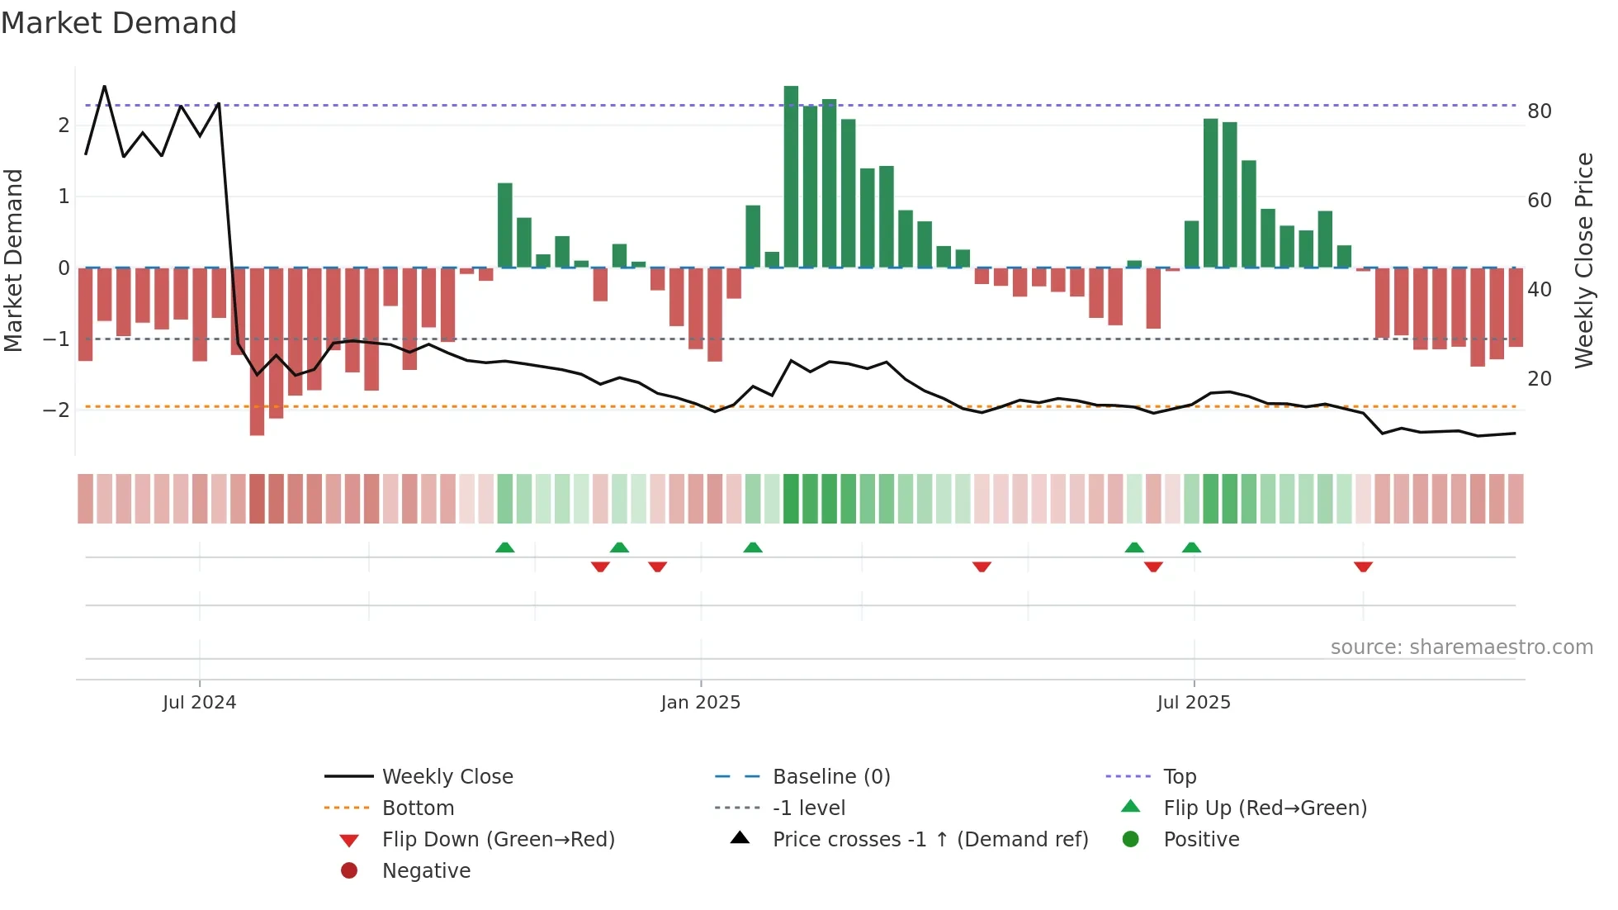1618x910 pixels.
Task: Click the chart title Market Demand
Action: pyautogui.click(x=119, y=23)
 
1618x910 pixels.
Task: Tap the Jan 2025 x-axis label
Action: pyautogui.click(x=700, y=703)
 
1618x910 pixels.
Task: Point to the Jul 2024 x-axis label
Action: pyautogui.click(x=199, y=703)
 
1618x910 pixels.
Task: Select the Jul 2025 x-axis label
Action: pyautogui.click(x=1193, y=703)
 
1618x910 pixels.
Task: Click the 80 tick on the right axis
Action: pyautogui.click(x=1539, y=111)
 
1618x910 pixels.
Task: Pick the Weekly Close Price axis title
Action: pyautogui.click(x=1583, y=260)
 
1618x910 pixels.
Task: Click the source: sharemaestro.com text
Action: pyautogui.click(x=1461, y=647)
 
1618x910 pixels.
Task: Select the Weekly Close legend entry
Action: pyautogui.click(x=447, y=777)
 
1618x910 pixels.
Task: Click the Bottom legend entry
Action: pyautogui.click(x=418, y=808)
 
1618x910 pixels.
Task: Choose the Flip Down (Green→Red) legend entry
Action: pyautogui.click(x=498, y=840)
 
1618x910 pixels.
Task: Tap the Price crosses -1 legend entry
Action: pyautogui.click(x=930, y=840)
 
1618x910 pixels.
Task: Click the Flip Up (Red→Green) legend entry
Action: pyautogui.click(x=1265, y=808)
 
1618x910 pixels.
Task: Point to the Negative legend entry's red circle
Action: pyautogui.click(x=349, y=871)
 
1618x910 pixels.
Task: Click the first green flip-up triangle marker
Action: pyautogui.click(x=504, y=547)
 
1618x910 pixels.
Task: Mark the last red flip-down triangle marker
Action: pyautogui.click(x=1363, y=566)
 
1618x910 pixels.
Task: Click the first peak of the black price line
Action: pyautogui.click(x=104, y=87)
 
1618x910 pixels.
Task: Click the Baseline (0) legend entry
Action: pyautogui.click(x=830, y=777)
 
